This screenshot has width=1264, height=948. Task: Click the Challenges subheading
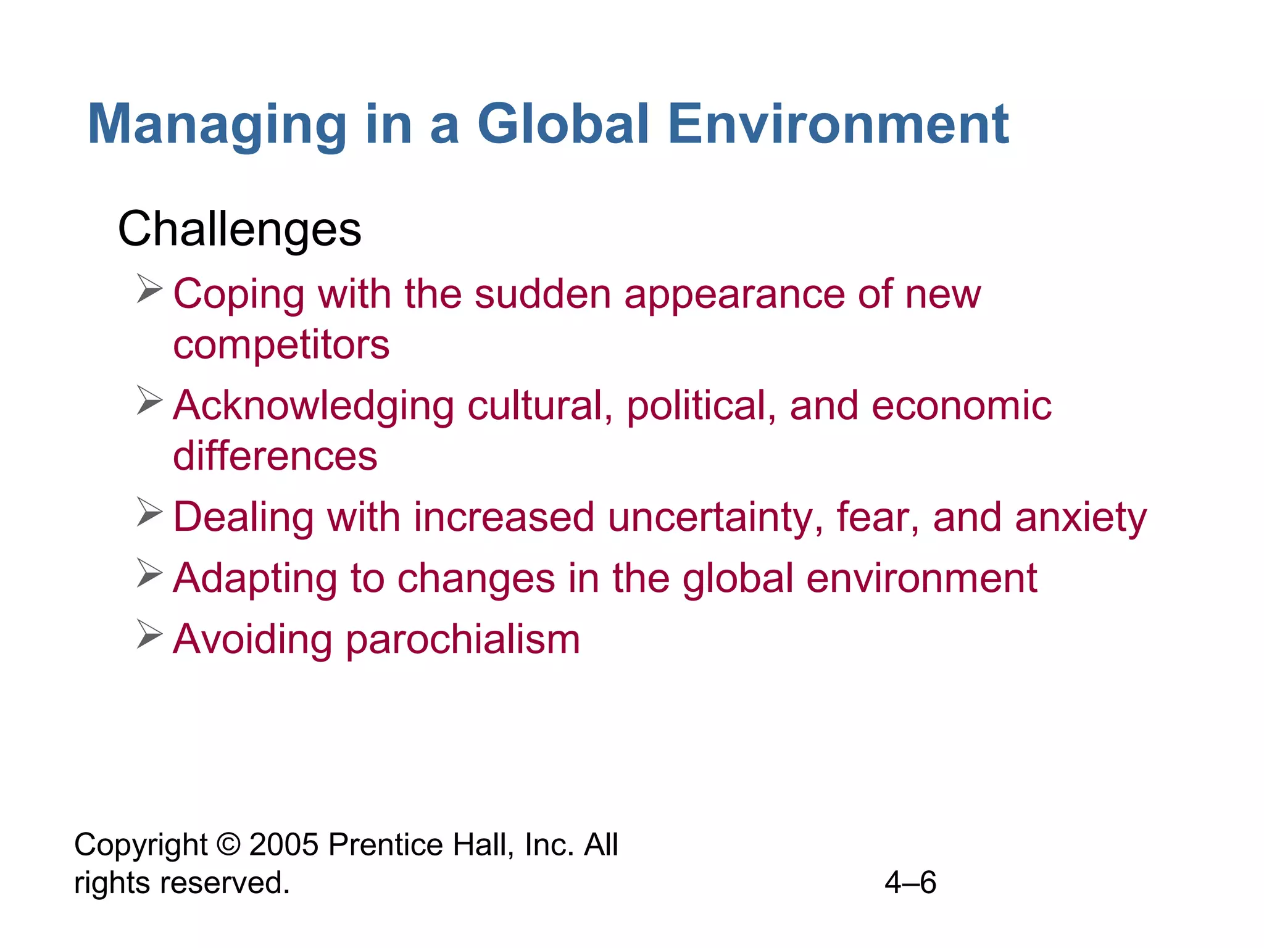click(239, 229)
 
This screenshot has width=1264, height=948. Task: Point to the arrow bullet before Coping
click(149, 289)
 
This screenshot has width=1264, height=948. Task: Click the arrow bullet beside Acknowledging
click(149, 401)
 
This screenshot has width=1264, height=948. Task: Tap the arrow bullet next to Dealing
click(149, 512)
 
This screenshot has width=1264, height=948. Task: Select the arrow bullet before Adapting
click(149, 573)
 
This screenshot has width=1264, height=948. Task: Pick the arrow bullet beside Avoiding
click(149, 634)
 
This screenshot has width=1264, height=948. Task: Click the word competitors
click(281, 345)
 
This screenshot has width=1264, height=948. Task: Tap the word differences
click(275, 456)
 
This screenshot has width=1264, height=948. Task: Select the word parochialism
click(463, 639)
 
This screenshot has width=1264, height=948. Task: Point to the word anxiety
click(1081, 517)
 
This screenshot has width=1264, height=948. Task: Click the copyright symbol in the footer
click(228, 844)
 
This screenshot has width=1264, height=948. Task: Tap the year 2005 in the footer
click(284, 844)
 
